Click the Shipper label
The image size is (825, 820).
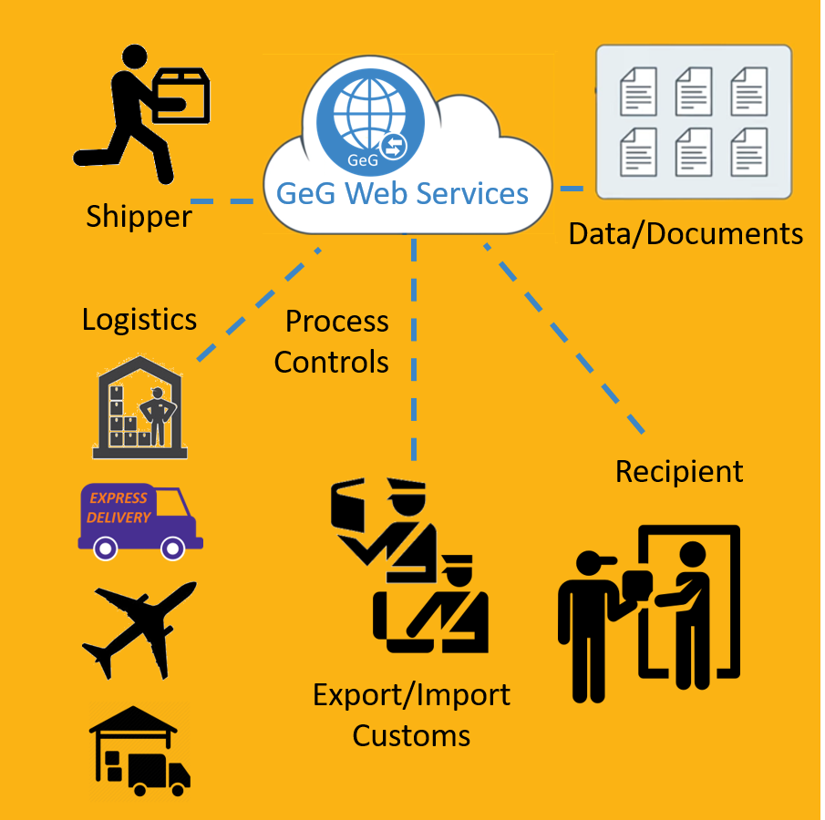(x=139, y=217)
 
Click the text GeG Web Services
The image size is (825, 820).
(x=402, y=193)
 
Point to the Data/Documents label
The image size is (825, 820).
(x=686, y=234)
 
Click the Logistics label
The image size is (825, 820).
(x=139, y=319)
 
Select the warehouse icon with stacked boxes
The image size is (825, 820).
(x=139, y=407)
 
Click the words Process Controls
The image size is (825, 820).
(x=332, y=342)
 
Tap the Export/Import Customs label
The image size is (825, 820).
(x=411, y=714)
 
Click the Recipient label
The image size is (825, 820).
(x=679, y=471)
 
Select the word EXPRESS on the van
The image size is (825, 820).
(x=118, y=498)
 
